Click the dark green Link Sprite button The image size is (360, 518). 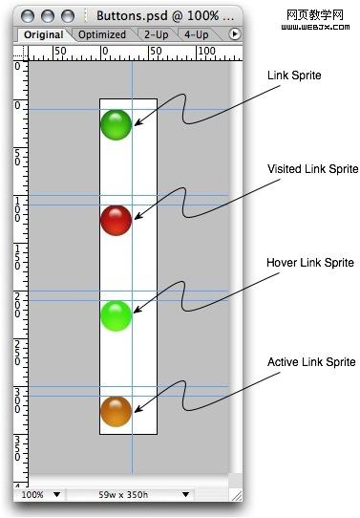[116, 124]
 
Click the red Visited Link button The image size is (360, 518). [116, 220]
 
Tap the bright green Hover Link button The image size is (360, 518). [116, 315]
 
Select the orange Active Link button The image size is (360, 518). [116, 411]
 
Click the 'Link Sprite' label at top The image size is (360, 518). [296, 76]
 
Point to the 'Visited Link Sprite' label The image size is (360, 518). [312, 169]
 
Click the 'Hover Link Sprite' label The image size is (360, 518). [309, 263]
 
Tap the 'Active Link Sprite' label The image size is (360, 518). [310, 361]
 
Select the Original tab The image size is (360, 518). [43, 35]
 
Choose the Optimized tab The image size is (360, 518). [102, 35]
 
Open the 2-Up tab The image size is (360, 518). [157, 35]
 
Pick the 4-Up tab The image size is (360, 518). [197, 35]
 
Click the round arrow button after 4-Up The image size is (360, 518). [235, 35]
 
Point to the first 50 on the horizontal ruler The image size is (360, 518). [60, 50]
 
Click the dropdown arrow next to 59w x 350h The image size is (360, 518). [185, 495]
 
